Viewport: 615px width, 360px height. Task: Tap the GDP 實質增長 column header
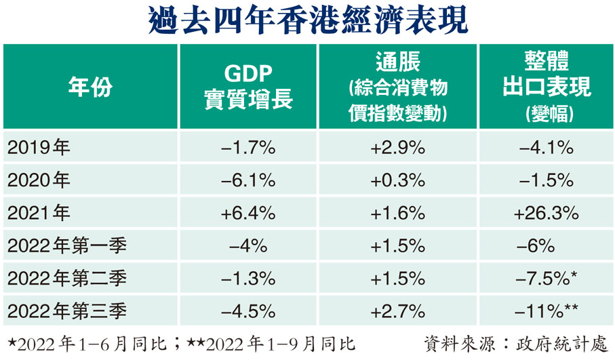[x=248, y=87]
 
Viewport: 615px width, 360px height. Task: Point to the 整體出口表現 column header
[x=546, y=87]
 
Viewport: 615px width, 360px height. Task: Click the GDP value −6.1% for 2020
[x=248, y=180]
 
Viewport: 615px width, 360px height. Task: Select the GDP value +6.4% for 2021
[x=248, y=213]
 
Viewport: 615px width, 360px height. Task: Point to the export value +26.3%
[x=546, y=213]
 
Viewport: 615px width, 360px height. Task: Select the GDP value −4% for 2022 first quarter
[x=248, y=245]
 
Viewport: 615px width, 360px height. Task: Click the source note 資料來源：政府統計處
[x=518, y=342]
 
